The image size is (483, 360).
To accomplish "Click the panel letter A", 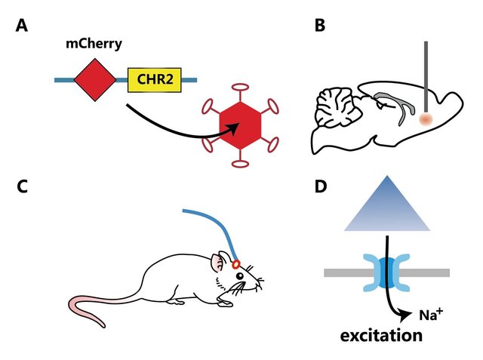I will (x=22, y=27).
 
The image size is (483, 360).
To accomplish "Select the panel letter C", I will (x=22, y=187).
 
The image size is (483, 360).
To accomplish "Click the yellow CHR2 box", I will (x=154, y=78).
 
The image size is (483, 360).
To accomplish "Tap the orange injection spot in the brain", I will (x=426, y=119).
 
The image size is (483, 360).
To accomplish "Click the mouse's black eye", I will (x=240, y=276).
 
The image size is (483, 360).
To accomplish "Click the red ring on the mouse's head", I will (x=236, y=264).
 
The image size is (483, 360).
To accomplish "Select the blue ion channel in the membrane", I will (x=387, y=271).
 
